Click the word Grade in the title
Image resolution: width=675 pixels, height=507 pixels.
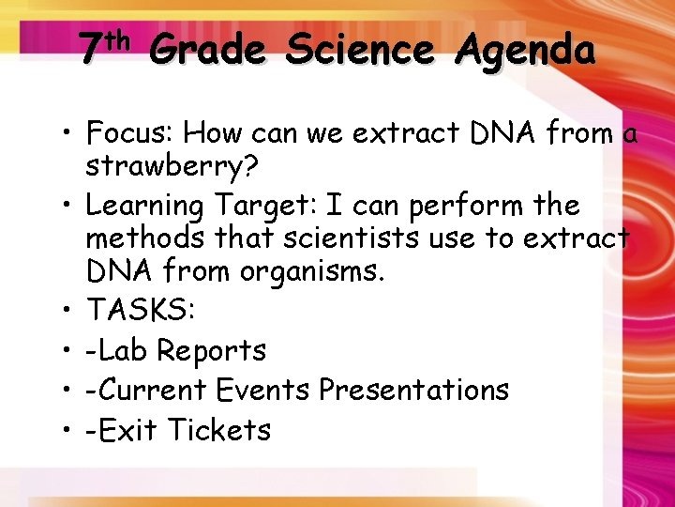click(207, 49)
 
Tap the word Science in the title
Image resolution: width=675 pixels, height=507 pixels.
click(360, 49)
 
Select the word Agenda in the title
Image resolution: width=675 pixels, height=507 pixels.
click(525, 49)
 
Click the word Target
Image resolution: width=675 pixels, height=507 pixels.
click(262, 206)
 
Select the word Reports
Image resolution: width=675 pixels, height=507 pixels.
click(211, 350)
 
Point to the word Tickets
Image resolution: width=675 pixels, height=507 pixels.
click(219, 430)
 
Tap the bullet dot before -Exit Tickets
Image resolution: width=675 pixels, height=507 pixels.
click(68, 431)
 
